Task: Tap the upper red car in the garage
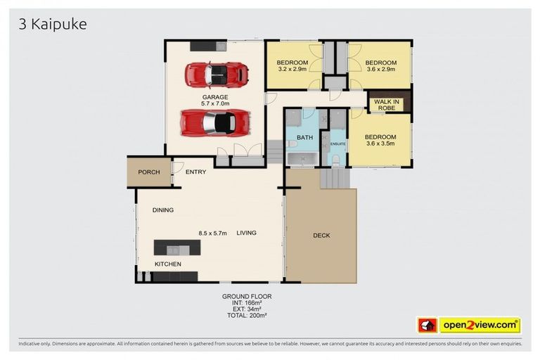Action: [217, 72]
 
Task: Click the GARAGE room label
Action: [215, 96]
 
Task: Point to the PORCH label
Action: [148, 172]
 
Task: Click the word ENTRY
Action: [195, 172]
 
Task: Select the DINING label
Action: [163, 210]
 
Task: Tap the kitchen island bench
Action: [177, 247]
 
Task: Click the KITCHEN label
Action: [168, 264]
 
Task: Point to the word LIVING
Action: [247, 233]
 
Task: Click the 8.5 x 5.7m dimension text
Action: [212, 233]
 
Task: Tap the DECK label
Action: [321, 236]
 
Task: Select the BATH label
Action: [304, 137]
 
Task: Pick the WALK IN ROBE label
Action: [387, 105]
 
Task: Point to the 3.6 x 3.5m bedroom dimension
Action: [380, 143]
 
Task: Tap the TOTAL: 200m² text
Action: [246, 315]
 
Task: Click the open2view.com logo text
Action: [480, 326]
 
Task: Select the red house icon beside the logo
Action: [427, 326]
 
